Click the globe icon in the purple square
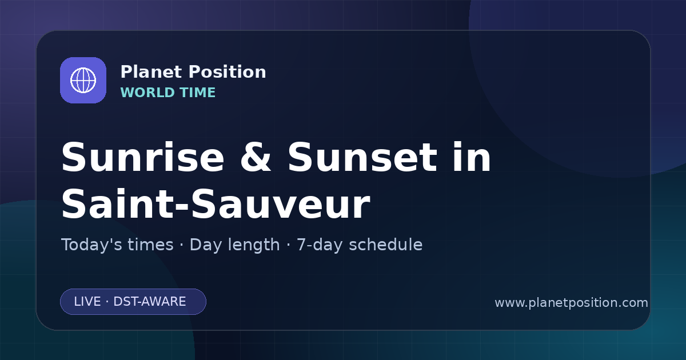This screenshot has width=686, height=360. click(83, 80)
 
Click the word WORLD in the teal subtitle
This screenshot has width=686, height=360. click(147, 93)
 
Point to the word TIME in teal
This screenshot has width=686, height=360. click(198, 93)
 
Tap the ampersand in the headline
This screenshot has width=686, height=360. click(256, 157)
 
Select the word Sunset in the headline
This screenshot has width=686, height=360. click(362, 157)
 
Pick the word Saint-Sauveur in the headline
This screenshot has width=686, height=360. click(216, 204)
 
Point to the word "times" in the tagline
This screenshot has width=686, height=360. click(150, 245)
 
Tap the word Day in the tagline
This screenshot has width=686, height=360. click(205, 246)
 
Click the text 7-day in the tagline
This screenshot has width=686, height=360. click(320, 246)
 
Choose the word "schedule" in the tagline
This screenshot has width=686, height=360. click(386, 245)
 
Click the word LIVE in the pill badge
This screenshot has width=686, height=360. click(87, 302)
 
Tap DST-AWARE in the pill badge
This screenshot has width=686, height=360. click(149, 302)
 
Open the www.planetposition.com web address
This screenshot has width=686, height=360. click(572, 303)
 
